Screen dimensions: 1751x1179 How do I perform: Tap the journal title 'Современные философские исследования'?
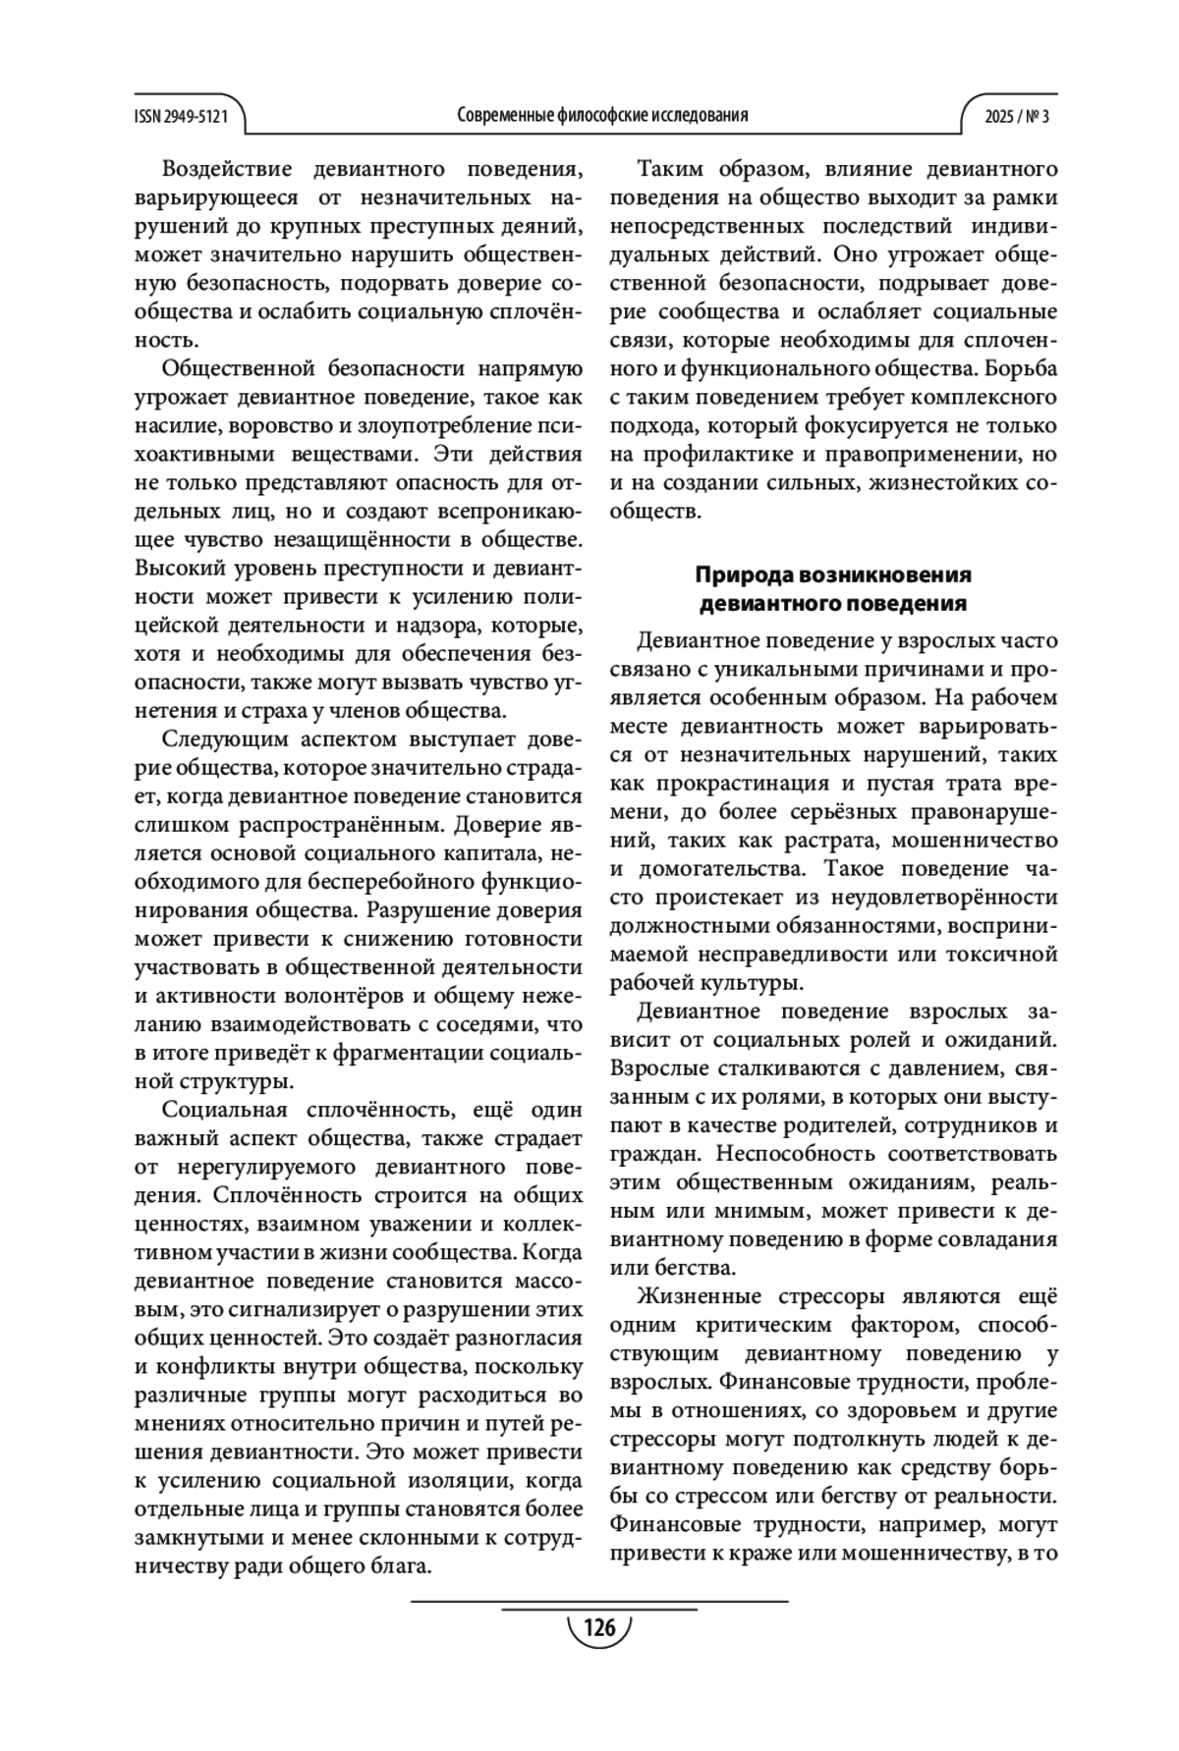[x=602, y=115]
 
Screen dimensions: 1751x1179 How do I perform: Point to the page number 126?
[x=599, y=1627]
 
